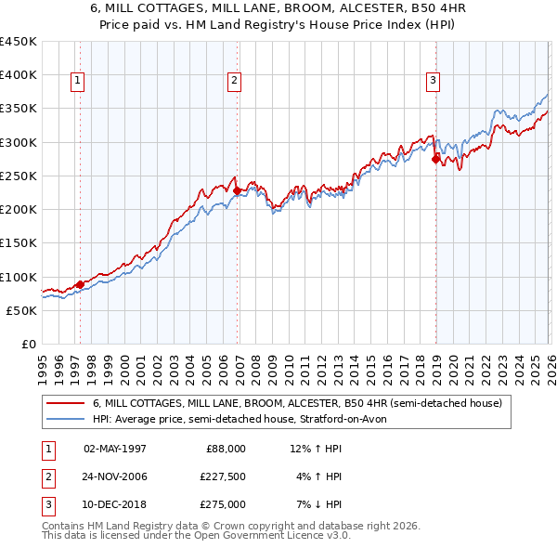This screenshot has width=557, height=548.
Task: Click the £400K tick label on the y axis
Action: pos(19,75)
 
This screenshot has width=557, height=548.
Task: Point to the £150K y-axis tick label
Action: pos(19,243)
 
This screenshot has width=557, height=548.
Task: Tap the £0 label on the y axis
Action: pos(28,345)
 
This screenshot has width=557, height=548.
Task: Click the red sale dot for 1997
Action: pos(80,285)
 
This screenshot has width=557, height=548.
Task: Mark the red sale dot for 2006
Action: pos(237,191)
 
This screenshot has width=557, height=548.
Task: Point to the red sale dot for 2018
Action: pos(435,160)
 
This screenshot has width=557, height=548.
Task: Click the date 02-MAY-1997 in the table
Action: pos(115,449)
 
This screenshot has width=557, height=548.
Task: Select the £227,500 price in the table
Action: pos(222,476)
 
